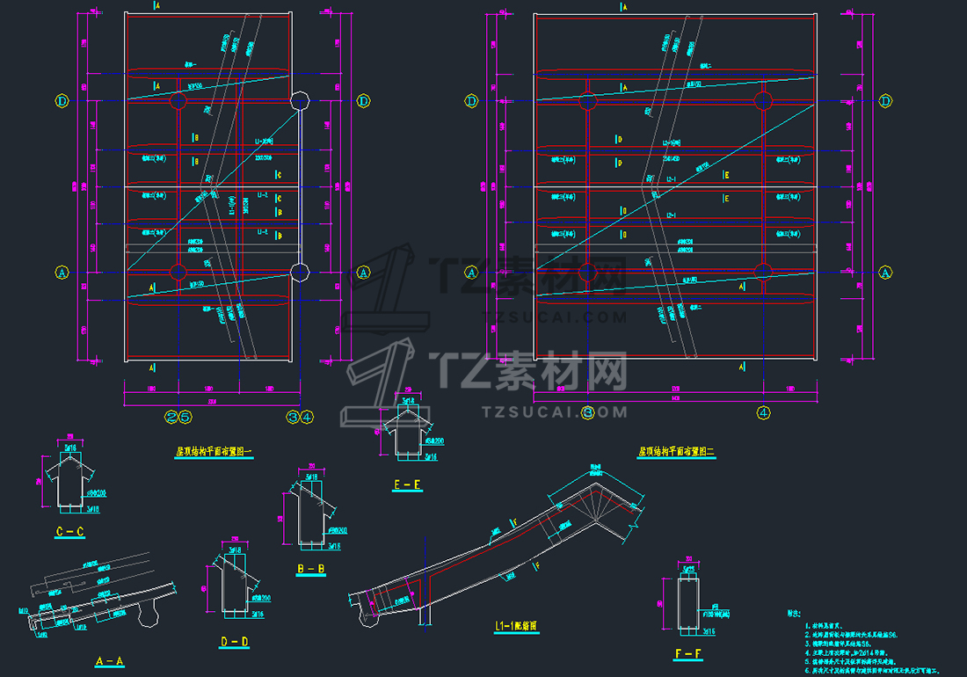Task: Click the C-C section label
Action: click(70, 532)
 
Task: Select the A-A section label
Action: click(109, 659)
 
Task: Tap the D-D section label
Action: click(236, 643)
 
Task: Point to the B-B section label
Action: click(311, 570)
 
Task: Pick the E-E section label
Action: click(407, 484)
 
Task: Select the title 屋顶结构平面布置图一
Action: click(214, 452)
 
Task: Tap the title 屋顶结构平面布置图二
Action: click(677, 452)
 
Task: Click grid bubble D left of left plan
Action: click(62, 101)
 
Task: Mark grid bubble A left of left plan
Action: click(62, 273)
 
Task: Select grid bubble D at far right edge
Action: click(886, 101)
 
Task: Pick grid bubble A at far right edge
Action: click(886, 273)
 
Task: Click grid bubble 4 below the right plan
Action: click(763, 411)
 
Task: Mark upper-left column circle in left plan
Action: click(178, 102)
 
